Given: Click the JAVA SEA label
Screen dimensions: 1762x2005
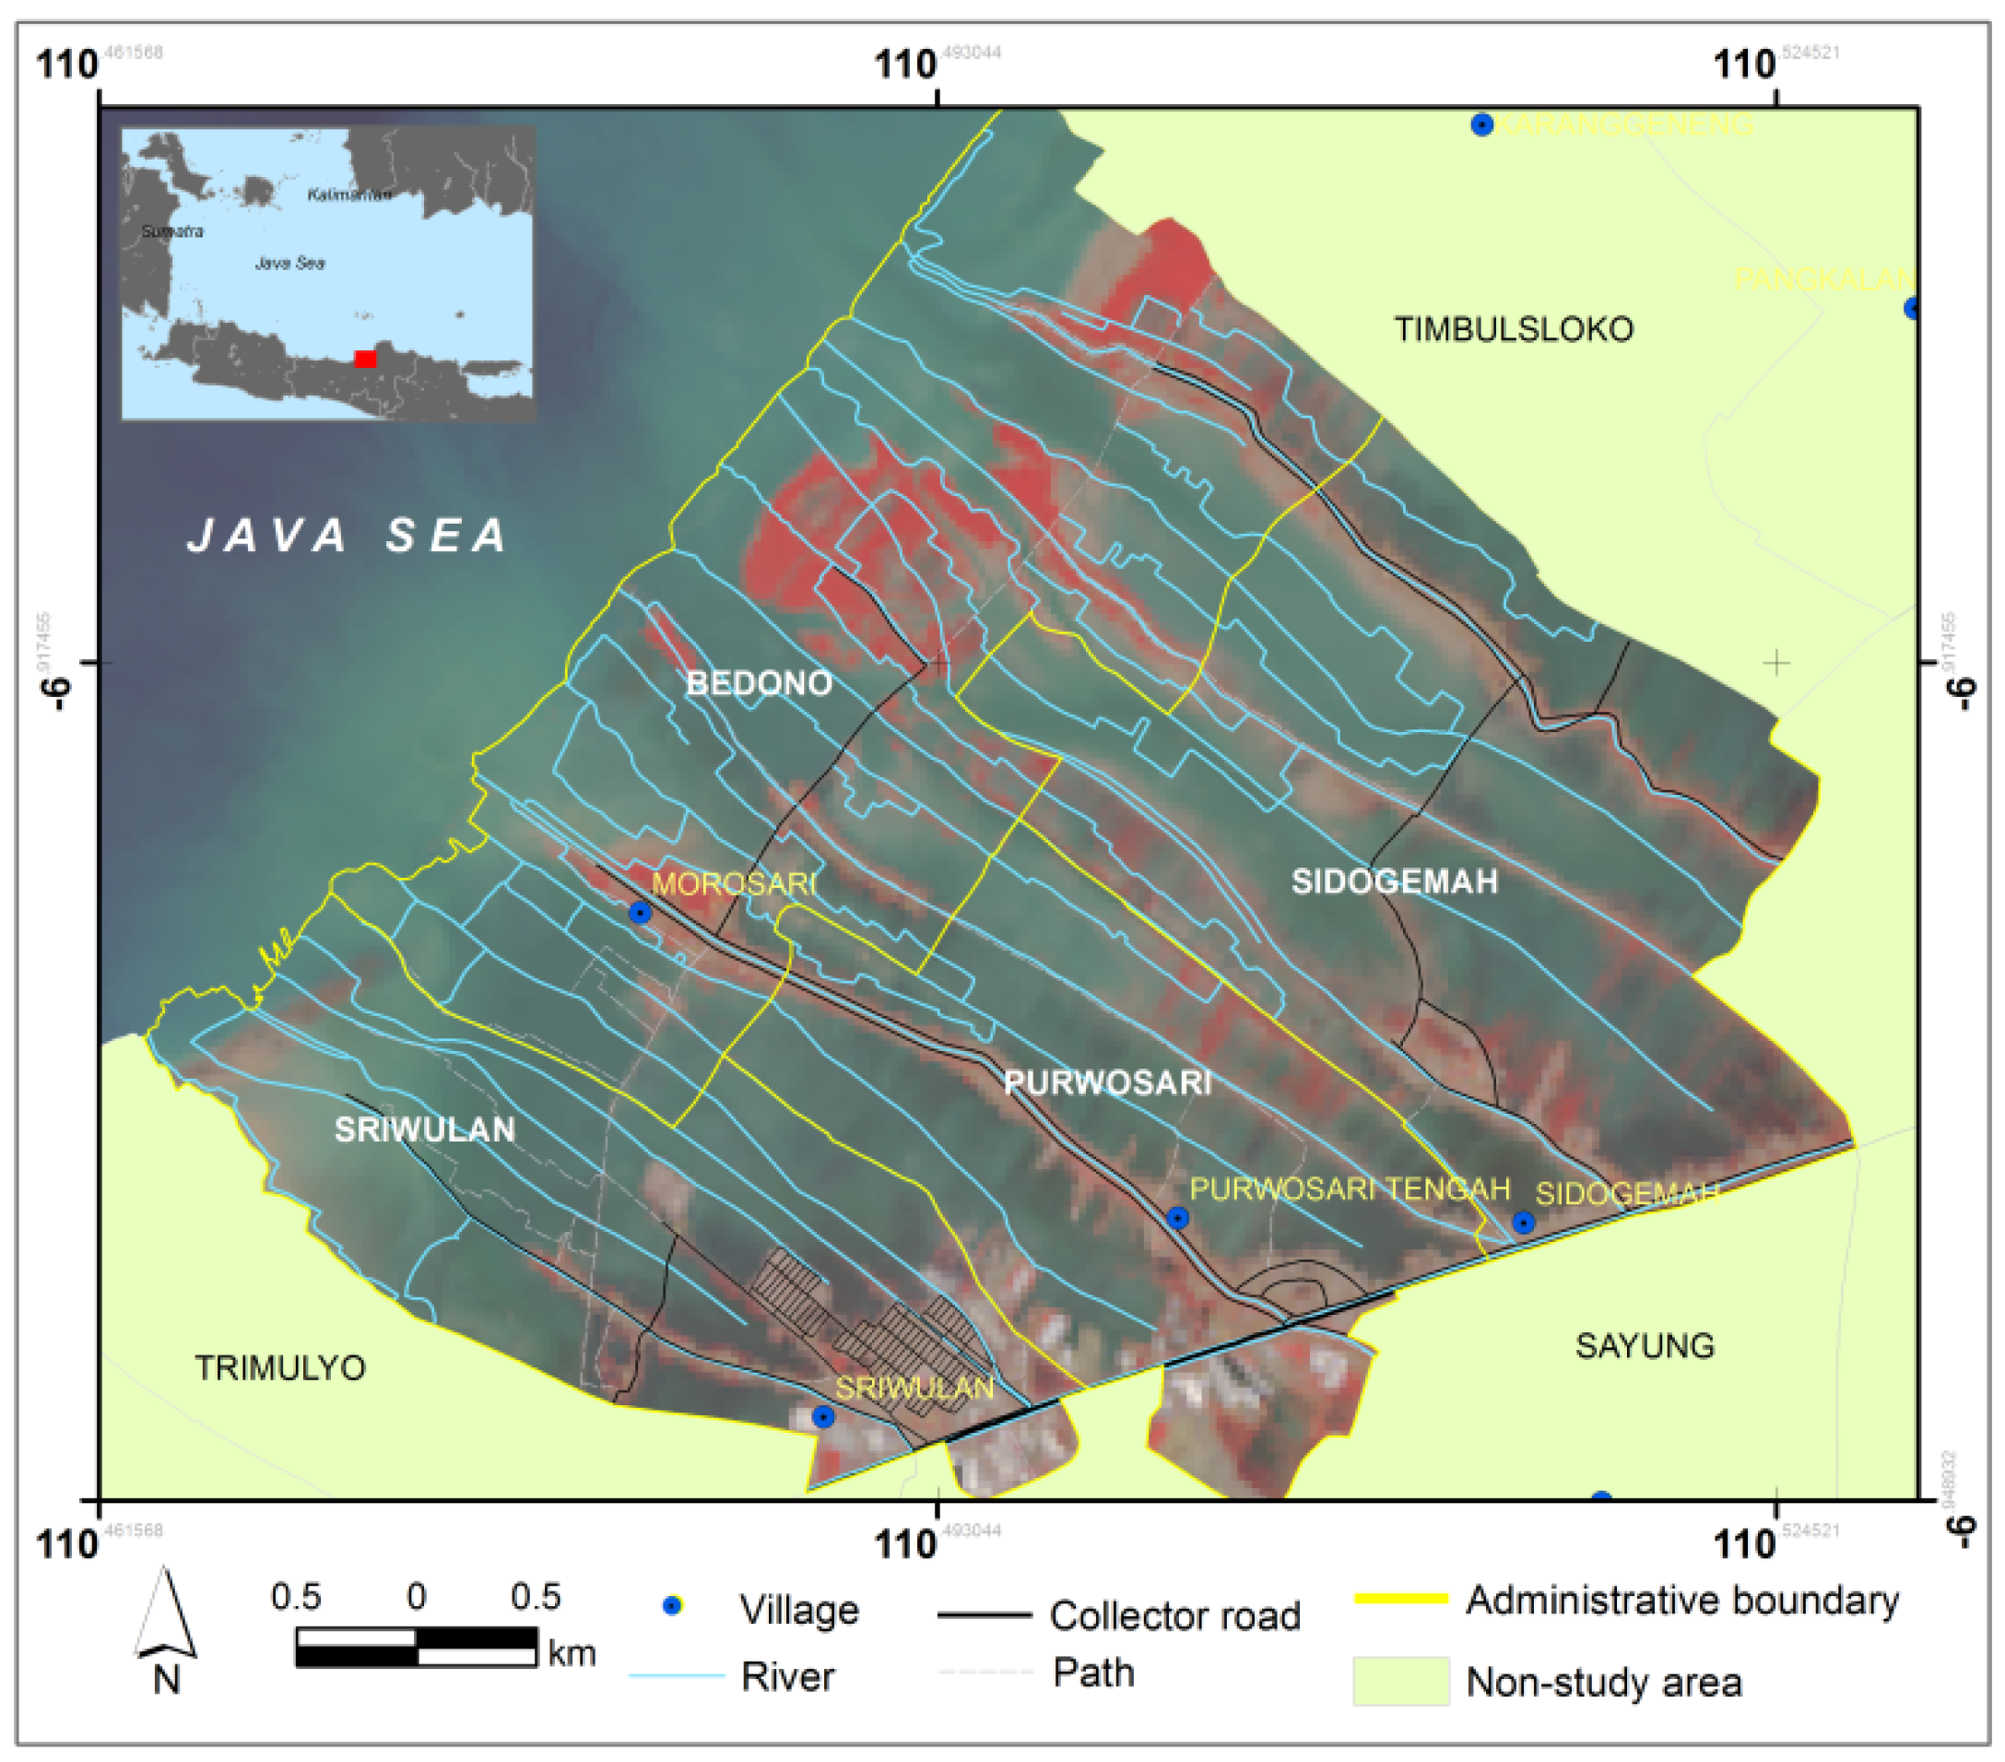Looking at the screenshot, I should coord(348,536).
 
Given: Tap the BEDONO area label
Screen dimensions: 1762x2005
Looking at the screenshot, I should coord(760,683).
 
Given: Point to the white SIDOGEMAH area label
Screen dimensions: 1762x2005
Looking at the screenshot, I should coord(1394,881).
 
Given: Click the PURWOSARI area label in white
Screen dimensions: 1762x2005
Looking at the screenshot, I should coord(1107,1082).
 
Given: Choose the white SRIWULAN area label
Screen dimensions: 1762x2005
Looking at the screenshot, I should coord(425,1129).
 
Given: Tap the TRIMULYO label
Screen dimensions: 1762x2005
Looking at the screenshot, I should coord(280,1367).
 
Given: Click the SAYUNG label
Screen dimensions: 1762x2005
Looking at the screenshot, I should coord(1645,1345).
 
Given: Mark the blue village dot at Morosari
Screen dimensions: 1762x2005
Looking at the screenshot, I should coord(640,914).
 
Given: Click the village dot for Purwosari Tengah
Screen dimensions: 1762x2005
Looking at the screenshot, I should coord(1177,1217).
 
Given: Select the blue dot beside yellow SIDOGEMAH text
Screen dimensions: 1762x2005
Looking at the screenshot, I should coord(1522,1223).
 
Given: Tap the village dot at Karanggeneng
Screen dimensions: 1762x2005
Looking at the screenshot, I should coord(1482,124).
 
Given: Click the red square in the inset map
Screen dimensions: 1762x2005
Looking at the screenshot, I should coord(365,359).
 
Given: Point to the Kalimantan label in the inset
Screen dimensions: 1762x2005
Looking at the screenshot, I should coord(349,195).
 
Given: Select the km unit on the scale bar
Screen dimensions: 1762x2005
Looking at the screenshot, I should coord(572,1653).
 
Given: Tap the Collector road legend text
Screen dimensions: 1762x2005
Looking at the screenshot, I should coord(1174,1615).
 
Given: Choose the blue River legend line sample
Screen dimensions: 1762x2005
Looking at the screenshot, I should coord(676,1675).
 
